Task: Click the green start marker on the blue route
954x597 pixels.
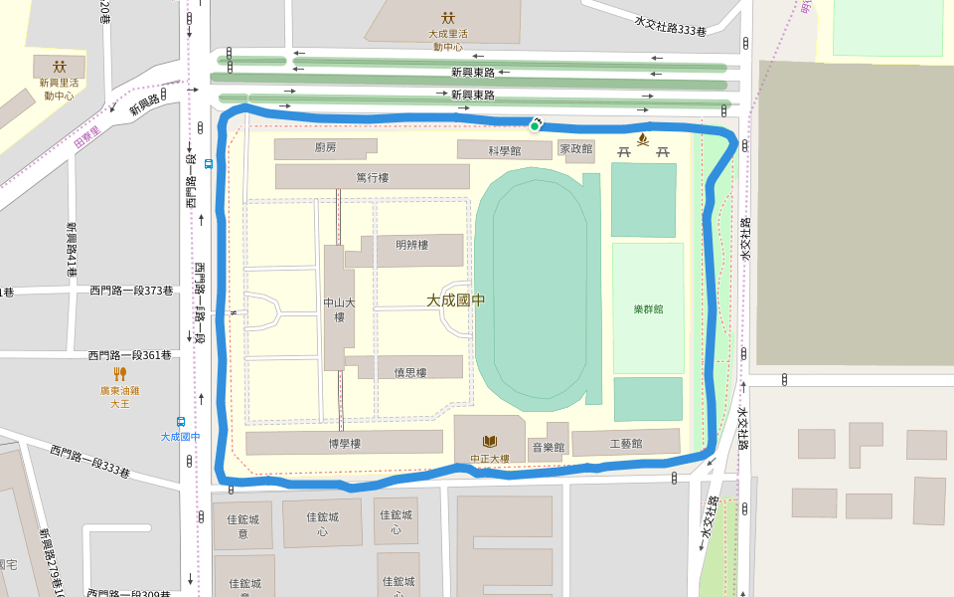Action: [535, 125]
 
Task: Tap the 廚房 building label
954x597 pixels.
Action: [326, 147]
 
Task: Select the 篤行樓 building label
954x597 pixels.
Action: [372, 177]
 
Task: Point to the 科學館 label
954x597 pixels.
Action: [504, 151]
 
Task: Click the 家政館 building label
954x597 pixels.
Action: [575, 149]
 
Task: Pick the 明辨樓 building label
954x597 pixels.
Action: [410, 245]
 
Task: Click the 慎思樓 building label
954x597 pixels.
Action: [409, 372]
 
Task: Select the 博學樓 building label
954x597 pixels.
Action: [344, 443]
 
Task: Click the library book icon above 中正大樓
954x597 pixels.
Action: [490, 441]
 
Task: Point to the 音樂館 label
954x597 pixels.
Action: [548, 448]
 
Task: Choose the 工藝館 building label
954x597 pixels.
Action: [625, 443]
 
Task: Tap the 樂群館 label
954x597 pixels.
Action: [648, 308]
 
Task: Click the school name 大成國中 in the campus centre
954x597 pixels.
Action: [455, 299]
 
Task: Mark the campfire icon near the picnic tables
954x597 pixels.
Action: [643, 138]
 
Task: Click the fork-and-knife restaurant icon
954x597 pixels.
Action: [120, 374]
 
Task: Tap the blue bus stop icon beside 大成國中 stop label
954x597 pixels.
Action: [181, 421]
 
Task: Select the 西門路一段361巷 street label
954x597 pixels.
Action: [129, 354]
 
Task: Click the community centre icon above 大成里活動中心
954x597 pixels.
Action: [448, 17]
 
